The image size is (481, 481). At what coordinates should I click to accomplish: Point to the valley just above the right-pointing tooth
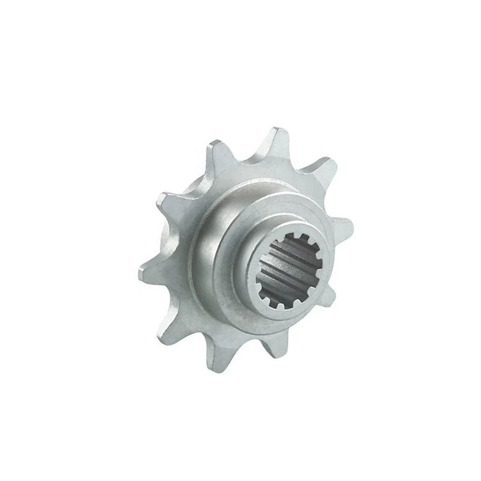(x=328, y=198)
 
